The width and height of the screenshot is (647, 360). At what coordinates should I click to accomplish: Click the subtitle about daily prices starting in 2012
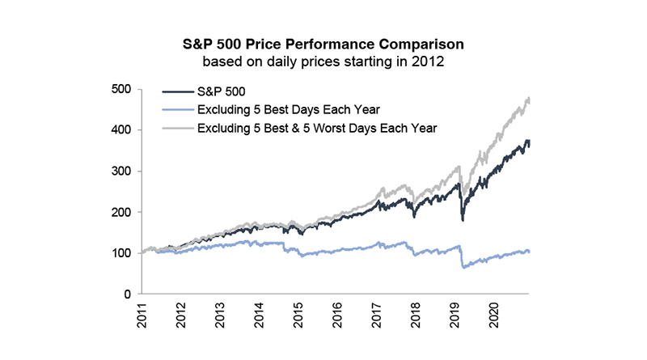tap(323, 60)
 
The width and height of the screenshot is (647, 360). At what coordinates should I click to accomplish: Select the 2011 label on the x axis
tap(142, 315)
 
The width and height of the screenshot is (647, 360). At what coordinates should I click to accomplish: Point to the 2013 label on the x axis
tap(221, 315)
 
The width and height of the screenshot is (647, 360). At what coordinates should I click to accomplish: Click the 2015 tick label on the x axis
tap(299, 315)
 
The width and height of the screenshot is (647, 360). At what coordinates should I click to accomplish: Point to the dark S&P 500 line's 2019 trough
tap(463, 219)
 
